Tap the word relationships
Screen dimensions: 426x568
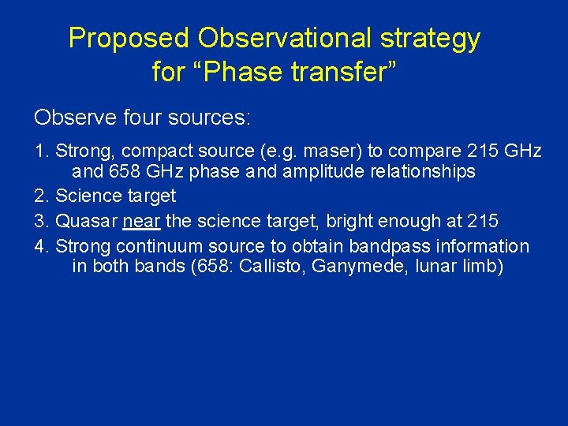426,171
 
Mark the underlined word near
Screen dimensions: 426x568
142,221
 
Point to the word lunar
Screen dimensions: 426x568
433,266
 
